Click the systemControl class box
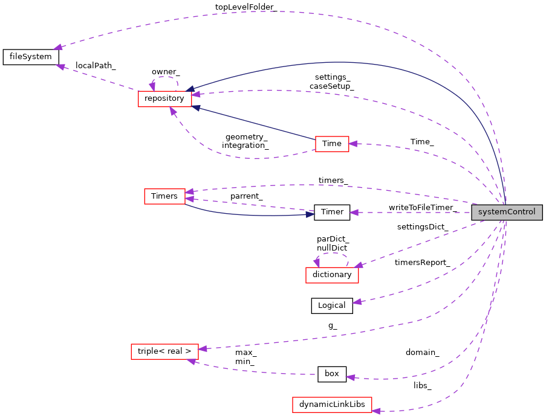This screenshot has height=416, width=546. [507, 212]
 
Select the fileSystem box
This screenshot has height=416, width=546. [31, 57]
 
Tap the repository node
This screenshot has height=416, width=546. [164, 98]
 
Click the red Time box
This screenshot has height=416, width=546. [332, 144]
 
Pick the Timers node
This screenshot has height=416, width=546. [164, 196]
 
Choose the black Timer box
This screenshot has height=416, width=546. [332, 212]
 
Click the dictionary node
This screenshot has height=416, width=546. [332, 275]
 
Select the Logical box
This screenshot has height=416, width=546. [332, 306]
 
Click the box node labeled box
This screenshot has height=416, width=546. [332, 374]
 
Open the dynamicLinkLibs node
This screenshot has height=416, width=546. [332, 405]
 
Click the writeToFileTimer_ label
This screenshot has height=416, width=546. [421, 208]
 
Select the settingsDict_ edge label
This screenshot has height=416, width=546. [422, 227]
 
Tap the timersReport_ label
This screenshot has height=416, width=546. [422, 263]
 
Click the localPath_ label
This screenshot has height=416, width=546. [96, 65]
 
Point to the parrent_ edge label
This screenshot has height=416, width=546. [245, 196]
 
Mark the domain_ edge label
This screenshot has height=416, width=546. [422, 352]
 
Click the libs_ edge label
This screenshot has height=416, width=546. [422, 385]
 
